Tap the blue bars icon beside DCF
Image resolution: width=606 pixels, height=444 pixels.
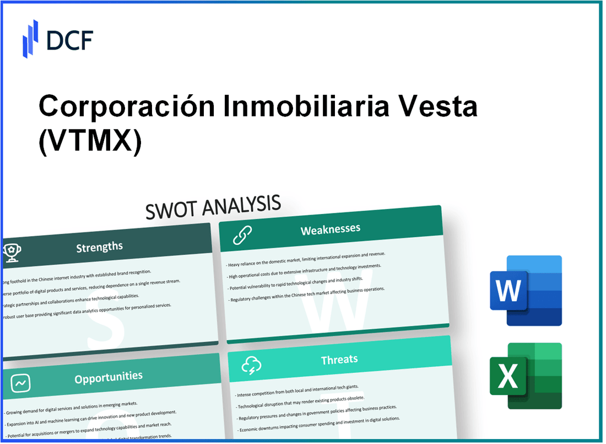tap(30, 38)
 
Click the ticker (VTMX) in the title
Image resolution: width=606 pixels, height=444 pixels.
tap(90, 141)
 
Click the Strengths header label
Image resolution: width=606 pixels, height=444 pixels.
tap(99, 247)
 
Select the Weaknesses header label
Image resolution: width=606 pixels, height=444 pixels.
tap(330, 229)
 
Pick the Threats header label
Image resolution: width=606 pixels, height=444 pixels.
tap(339, 360)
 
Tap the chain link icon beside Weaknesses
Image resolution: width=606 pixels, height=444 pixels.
tap(242, 235)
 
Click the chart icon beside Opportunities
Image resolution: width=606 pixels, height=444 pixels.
tap(21, 382)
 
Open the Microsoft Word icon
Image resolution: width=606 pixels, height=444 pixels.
tap(525, 291)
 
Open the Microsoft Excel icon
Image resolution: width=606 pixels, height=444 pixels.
tap(525, 375)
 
